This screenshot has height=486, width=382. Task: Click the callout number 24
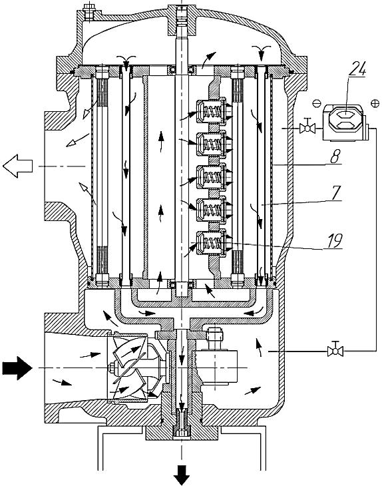tap(357, 69)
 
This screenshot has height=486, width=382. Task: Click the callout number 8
tap(335, 156)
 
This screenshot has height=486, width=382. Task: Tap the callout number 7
tap(336, 193)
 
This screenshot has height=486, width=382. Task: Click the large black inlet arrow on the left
tap(17, 368)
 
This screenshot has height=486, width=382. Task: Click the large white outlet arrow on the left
tap(18, 166)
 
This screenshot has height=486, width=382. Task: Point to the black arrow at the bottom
tap(182, 475)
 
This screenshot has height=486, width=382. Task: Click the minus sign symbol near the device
tap(316, 103)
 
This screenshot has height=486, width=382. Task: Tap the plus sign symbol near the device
tap(375, 103)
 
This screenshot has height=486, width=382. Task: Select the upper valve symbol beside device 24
tap(307, 126)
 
